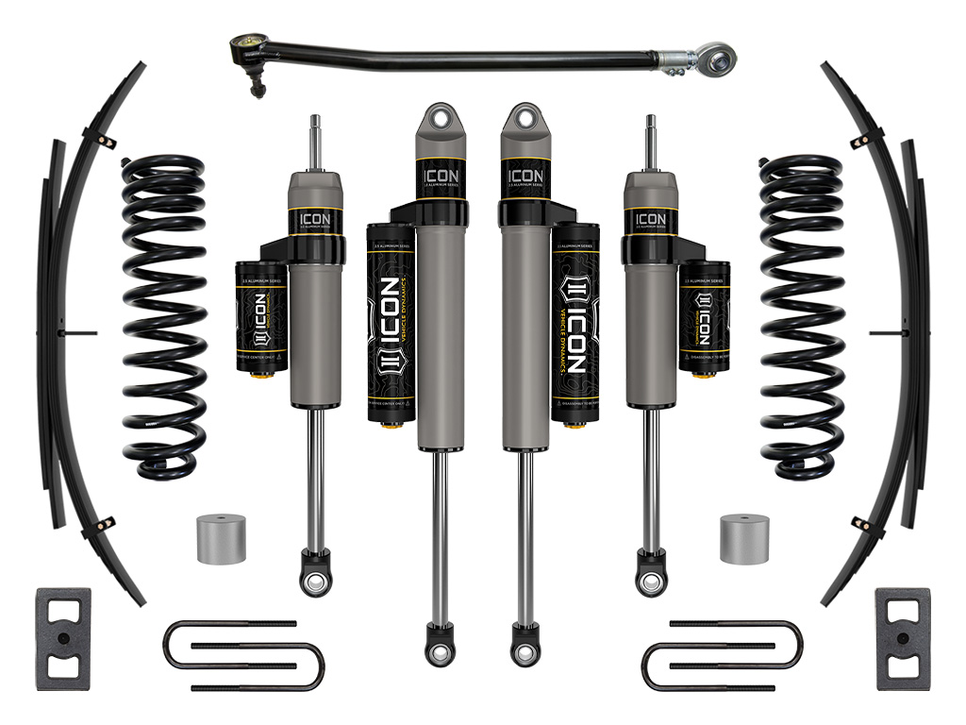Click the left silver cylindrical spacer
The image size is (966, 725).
[221, 538]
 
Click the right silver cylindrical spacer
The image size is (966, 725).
[743, 538]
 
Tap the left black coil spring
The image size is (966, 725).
[163, 316]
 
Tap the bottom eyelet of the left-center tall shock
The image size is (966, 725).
[437, 651]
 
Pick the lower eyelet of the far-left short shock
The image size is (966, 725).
[315, 582]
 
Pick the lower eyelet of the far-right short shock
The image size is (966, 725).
[649, 582]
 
